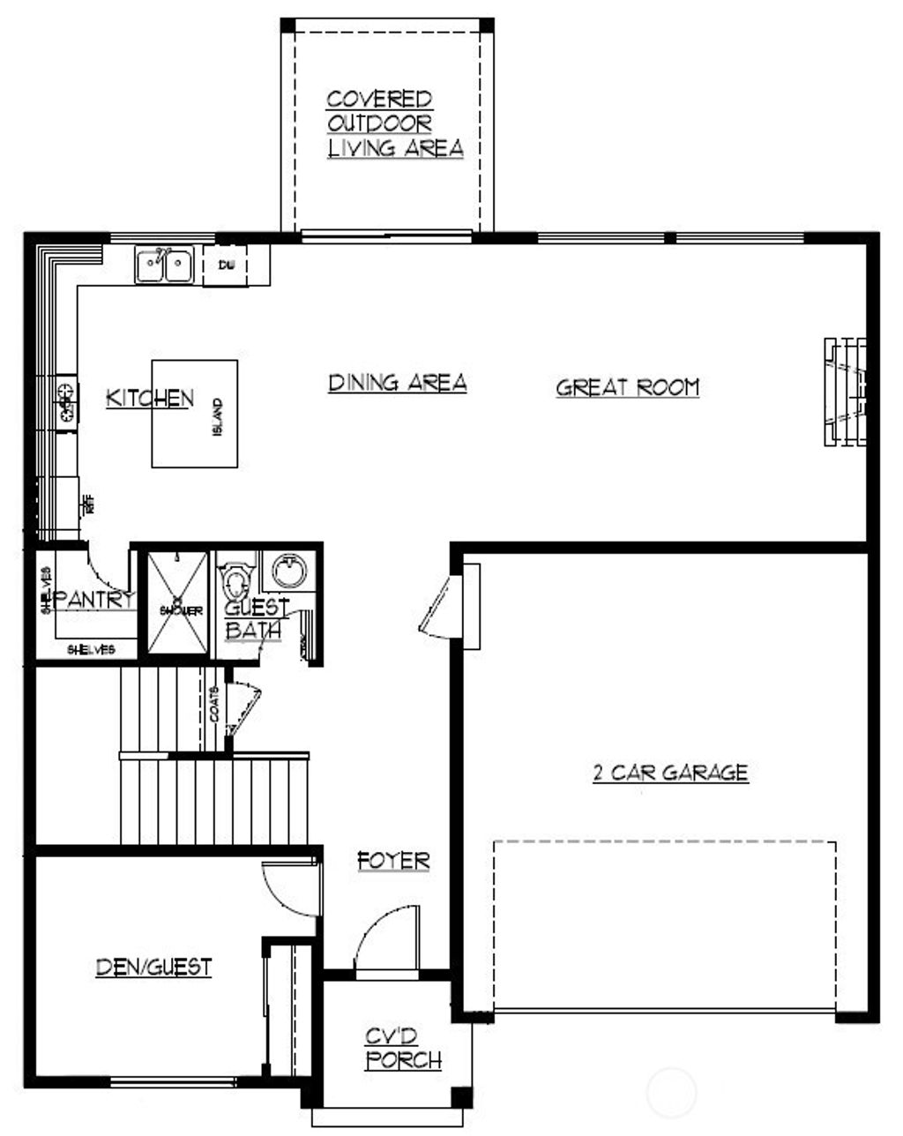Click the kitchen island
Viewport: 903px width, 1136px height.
click(194, 413)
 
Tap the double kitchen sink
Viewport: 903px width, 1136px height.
click(165, 265)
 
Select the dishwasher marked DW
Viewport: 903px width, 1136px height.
click(224, 265)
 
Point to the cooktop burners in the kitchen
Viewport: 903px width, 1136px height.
click(65, 401)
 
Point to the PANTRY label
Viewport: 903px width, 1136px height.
click(95, 600)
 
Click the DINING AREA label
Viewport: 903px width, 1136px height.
click(397, 383)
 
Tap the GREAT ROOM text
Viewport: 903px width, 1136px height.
click(627, 387)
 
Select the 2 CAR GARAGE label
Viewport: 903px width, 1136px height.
click(669, 774)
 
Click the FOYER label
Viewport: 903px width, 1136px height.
click(393, 860)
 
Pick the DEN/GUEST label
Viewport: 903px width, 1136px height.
click(153, 967)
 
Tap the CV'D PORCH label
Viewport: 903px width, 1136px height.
click(404, 1049)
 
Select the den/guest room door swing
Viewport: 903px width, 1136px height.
click(287, 886)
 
